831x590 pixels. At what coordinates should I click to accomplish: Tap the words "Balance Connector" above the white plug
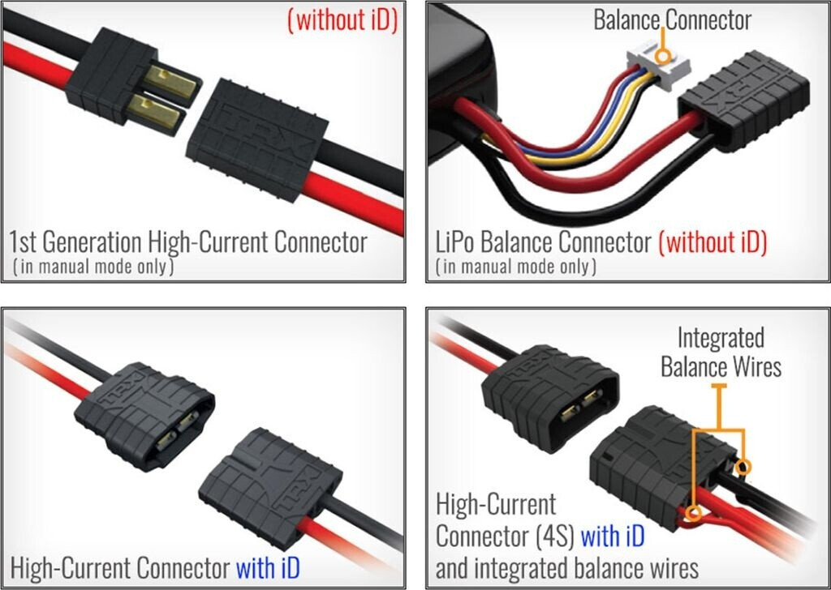tap(673, 20)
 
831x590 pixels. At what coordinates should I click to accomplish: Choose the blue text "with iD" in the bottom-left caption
tap(267, 567)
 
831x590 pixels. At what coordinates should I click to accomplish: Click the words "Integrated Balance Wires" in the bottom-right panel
tap(721, 352)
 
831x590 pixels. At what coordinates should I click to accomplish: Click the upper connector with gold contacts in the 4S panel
tap(549, 395)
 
